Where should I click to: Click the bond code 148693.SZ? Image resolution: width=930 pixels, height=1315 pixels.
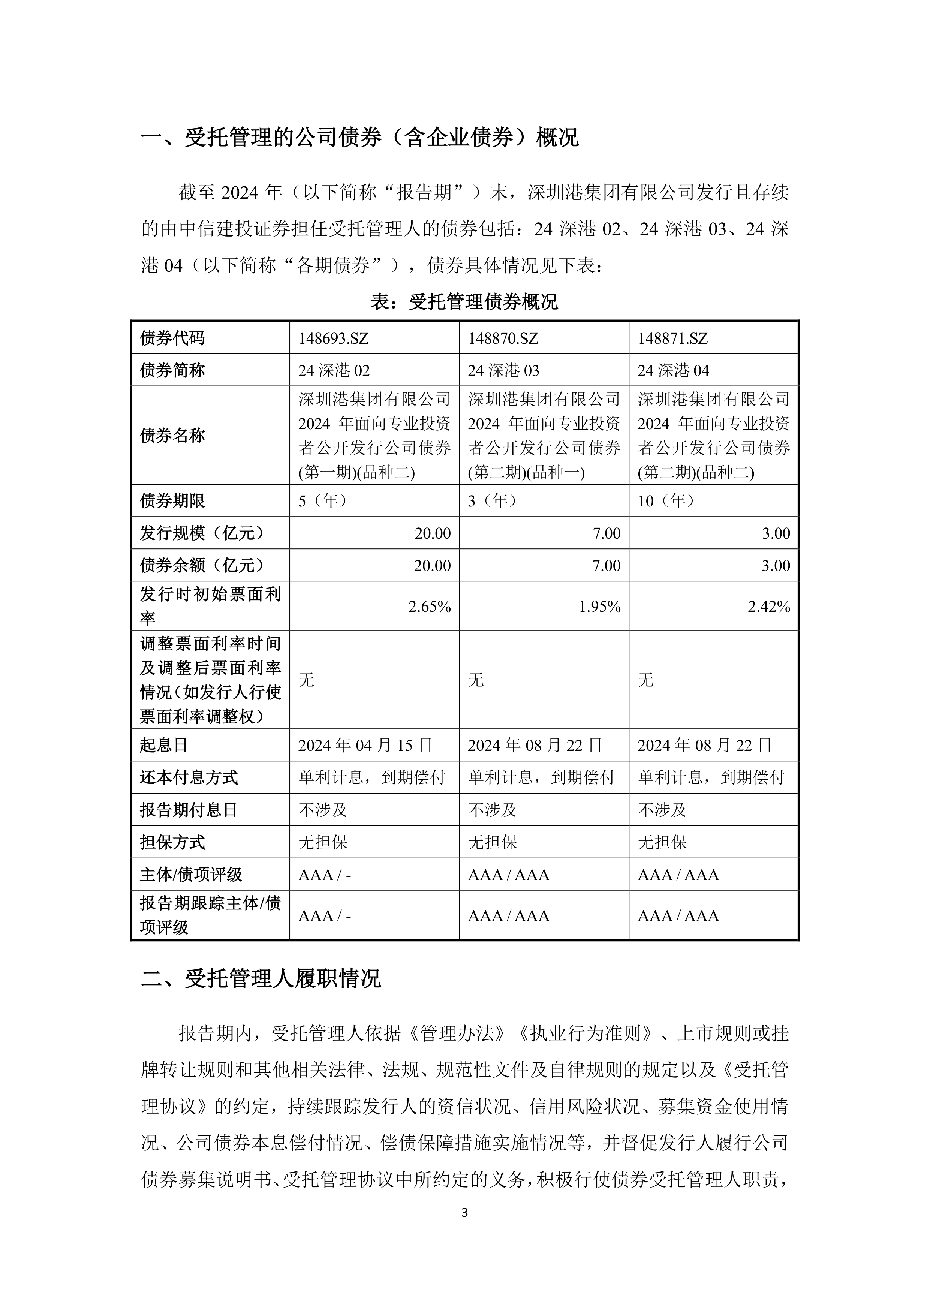(333, 338)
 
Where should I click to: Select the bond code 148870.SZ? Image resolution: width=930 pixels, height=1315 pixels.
(503, 338)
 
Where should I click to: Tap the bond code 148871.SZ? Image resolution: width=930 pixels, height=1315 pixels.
(673, 338)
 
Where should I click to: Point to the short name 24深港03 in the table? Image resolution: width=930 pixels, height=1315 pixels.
(503, 371)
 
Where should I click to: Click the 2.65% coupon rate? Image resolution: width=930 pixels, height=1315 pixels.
(430, 607)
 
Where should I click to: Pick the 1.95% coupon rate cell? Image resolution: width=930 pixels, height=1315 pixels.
(600, 607)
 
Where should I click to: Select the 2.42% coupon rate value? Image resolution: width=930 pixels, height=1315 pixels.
(769, 607)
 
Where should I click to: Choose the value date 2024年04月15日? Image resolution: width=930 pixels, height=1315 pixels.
(365, 745)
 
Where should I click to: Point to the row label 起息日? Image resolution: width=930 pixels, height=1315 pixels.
(164, 745)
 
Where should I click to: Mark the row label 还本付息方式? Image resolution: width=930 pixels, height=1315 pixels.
(189, 777)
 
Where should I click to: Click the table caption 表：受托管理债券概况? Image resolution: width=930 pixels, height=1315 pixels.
(464, 301)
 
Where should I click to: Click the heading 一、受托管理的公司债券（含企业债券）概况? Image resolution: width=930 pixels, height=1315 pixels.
(359, 138)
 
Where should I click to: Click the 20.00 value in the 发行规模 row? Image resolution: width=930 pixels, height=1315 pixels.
(432, 533)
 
